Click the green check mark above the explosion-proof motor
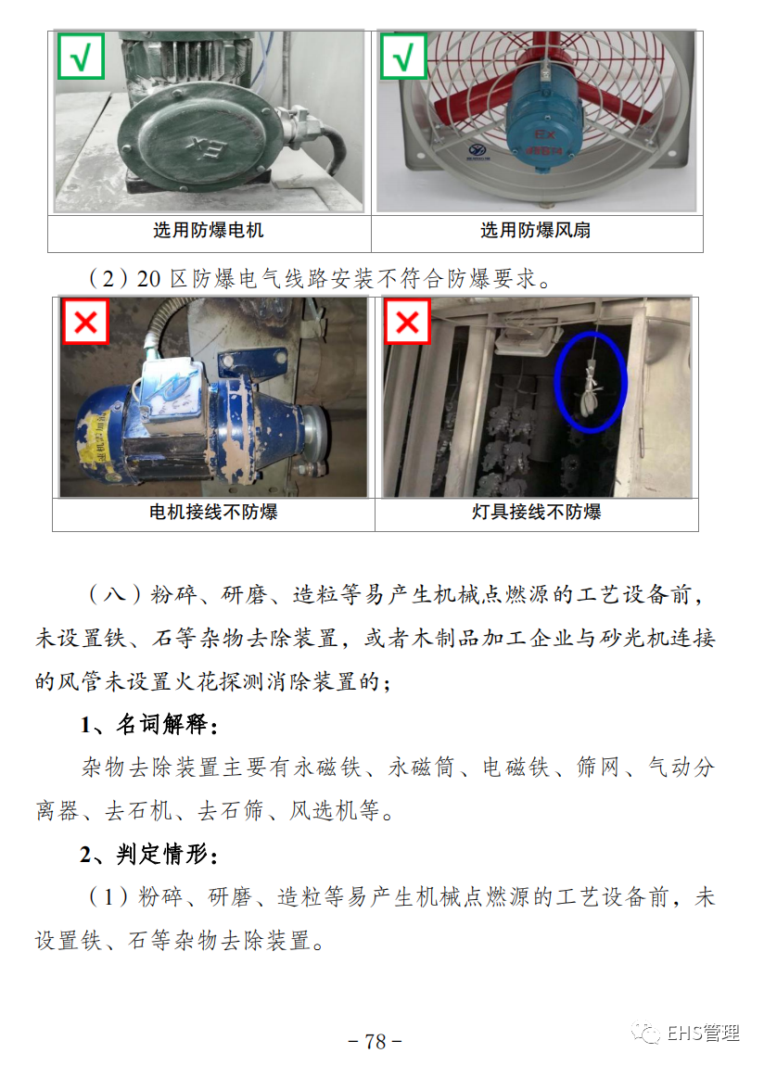(81, 56)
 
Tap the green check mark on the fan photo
(403, 56)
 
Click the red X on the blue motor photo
(85, 322)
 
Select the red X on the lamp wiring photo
(407, 322)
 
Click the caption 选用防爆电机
(208, 231)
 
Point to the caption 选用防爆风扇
(536, 231)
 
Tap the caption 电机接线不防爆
(213, 512)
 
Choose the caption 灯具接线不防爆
(537, 512)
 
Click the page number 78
(376, 1041)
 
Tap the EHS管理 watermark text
(703, 1034)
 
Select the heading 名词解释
(161, 724)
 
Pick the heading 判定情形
(161, 854)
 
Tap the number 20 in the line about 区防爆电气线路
(149, 279)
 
